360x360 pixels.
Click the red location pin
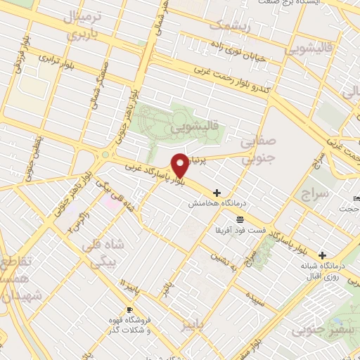pos(181,165)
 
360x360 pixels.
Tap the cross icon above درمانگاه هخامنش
pos(217,192)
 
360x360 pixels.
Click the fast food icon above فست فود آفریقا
pos(240,219)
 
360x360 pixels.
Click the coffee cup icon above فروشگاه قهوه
pos(129,309)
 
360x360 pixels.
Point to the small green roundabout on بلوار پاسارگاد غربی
pos(105,155)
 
